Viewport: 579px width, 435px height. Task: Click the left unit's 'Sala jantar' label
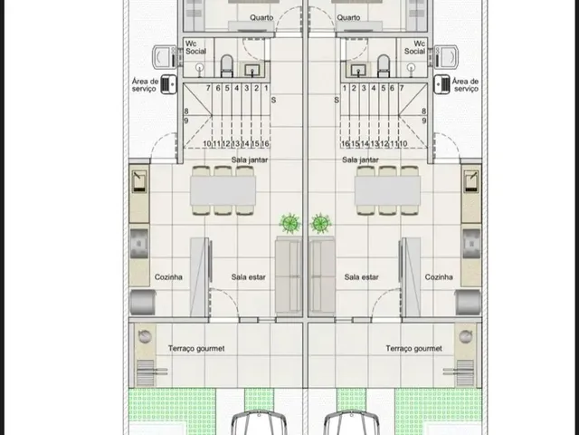(x=250, y=159)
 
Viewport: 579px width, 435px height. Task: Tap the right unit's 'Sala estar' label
(x=361, y=277)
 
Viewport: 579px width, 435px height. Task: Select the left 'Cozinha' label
(x=168, y=277)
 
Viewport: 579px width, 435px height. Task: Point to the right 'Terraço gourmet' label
(x=413, y=348)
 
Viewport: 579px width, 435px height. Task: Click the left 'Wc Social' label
(x=195, y=47)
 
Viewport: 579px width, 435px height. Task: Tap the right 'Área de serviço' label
(x=465, y=84)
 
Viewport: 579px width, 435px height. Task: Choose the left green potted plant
(x=289, y=223)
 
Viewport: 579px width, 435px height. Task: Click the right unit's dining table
(x=387, y=190)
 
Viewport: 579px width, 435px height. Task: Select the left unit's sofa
(x=289, y=276)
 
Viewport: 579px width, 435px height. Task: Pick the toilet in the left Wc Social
(x=227, y=65)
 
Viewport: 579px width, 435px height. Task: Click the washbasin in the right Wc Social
(x=358, y=69)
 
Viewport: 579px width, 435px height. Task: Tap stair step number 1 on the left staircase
(x=266, y=89)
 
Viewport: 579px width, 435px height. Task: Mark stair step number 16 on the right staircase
(x=346, y=143)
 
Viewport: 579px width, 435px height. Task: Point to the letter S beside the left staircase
(x=273, y=100)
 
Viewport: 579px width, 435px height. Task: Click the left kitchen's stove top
(x=139, y=244)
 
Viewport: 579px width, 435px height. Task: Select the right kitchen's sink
(x=471, y=181)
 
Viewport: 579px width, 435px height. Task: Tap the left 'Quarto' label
(x=261, y=17)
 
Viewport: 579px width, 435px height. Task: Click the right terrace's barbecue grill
(x=464, y=372)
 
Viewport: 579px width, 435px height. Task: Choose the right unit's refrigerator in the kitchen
(x=468, y=302)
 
